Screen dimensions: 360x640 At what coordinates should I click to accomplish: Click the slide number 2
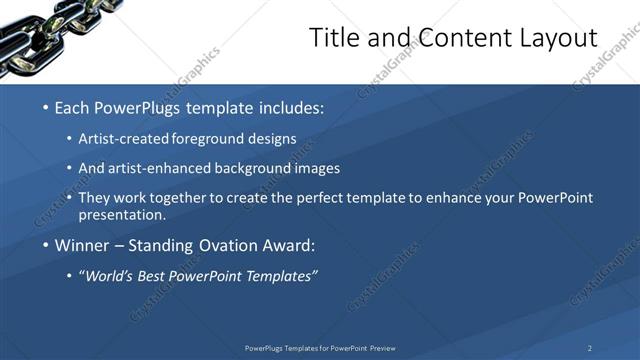(x=590, y=347)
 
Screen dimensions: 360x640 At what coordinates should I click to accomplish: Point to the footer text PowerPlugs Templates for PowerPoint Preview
(x=320, y=347)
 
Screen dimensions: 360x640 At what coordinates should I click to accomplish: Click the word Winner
(x=83, y=245)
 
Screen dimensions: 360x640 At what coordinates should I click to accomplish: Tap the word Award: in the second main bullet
(x=290, y=245)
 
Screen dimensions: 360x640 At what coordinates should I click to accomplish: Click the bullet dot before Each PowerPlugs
(x=44, y=107)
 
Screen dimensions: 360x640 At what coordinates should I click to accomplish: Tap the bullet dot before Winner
(x=44, y=245)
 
